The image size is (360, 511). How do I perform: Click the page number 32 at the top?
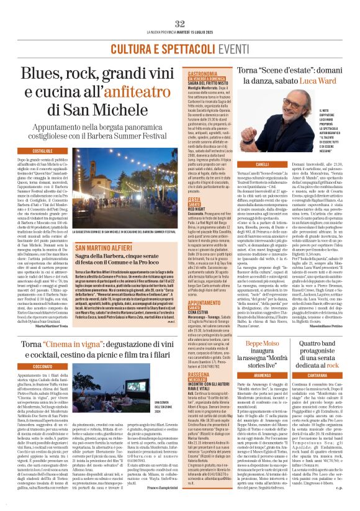180,24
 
